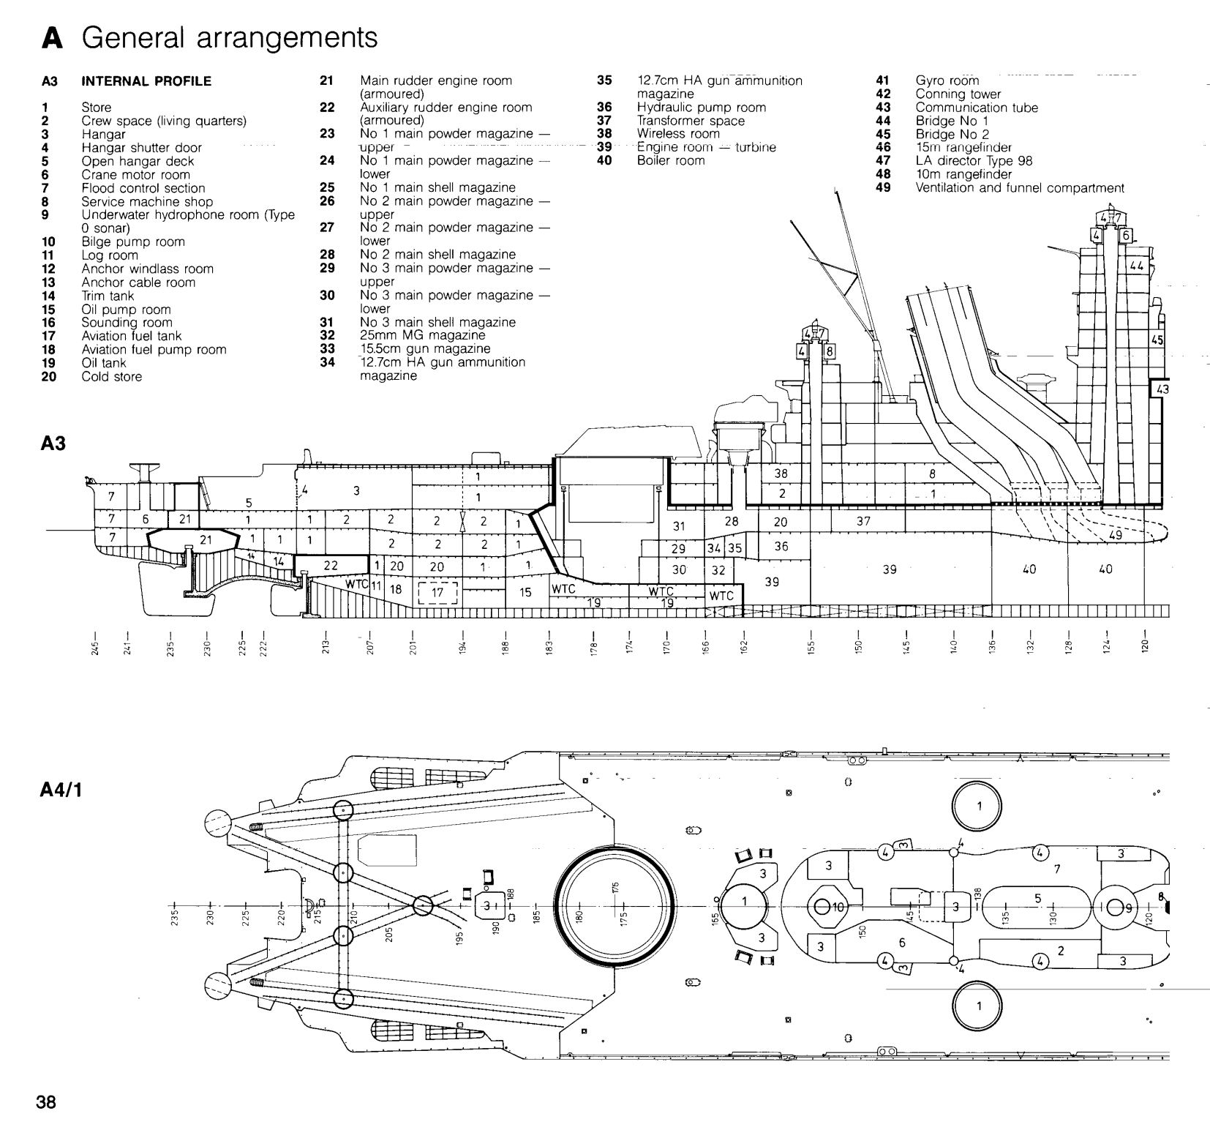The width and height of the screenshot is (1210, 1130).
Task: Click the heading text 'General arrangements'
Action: [230, 37]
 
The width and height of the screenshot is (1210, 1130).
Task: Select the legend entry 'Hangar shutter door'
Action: [141, 148]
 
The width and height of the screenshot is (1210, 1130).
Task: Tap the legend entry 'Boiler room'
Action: [670, 160]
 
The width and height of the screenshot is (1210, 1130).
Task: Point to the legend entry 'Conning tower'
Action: [958, 94]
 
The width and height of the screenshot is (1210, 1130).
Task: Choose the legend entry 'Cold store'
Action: [111, 377]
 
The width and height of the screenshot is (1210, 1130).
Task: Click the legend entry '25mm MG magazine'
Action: [422, 336]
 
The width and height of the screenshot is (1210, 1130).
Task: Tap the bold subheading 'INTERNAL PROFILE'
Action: [146, 81]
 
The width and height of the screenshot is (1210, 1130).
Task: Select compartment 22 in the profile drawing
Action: [331, 565]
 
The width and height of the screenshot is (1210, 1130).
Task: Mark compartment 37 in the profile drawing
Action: [863, 522]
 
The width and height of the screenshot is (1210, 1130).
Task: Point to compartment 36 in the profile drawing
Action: [781, 546]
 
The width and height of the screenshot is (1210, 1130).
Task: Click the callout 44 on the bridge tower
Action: [1136, 266]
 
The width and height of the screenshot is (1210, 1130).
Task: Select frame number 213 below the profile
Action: [326, 648]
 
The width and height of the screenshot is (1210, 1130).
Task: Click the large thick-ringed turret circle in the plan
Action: [613, 906]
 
